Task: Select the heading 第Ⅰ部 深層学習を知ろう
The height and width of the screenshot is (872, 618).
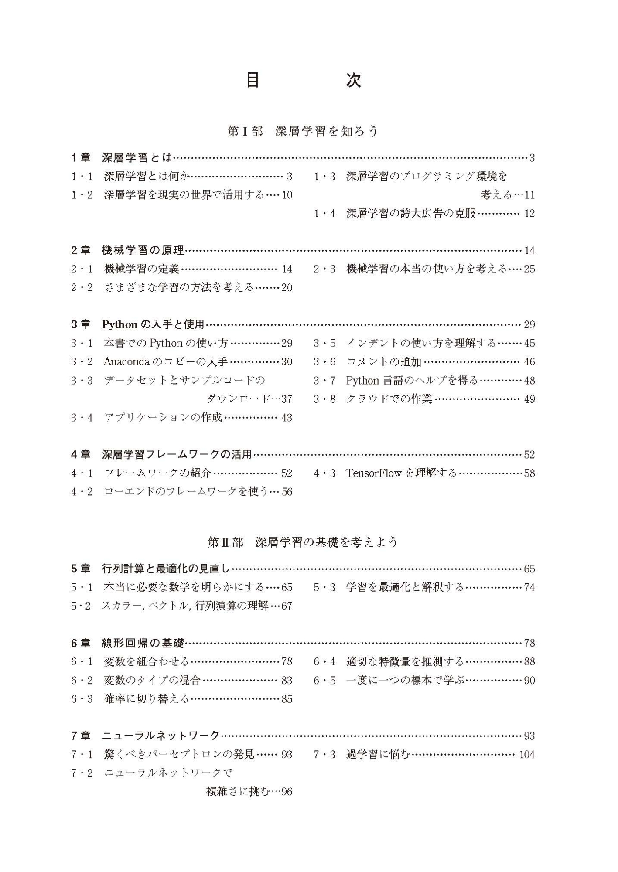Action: (x=303, y=131)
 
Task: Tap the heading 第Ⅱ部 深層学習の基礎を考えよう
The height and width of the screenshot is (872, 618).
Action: (x=303, y=542)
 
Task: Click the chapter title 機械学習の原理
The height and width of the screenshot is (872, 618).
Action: (x=143, y=250)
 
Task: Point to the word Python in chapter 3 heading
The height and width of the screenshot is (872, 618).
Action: (x=120, y=324)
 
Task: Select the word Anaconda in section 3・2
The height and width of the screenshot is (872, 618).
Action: (x=126, y=361)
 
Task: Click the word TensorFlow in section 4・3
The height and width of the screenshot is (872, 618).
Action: (x=373, y=473)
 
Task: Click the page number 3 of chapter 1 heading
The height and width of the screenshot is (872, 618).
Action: (x=532, y=158)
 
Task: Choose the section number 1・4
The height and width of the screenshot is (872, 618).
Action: (x=324, y=214)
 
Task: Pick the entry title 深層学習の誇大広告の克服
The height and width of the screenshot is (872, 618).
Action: (x=411, y=214)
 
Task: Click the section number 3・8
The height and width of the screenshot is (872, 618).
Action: (x=324, y=399)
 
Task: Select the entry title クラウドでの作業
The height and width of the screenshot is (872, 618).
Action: (x=389, y=399)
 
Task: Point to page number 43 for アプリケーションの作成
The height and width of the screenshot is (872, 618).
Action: (x=287, y=418)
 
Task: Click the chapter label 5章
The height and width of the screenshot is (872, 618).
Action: (x=81, y=569)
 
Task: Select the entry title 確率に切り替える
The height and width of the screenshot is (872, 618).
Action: (x=146, y=699)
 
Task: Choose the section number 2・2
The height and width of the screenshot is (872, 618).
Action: (x=82, y=287)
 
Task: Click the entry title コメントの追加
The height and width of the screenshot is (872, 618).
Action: (x=384, y=361)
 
